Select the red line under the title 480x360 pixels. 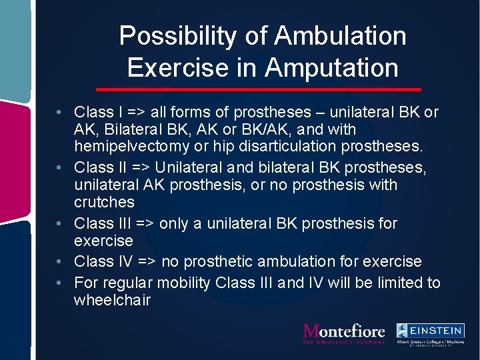(x=259, y=89)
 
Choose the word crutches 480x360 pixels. (x=104, y=202)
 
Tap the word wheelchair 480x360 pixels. (x=113, y=301)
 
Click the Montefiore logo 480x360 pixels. (x=343, y=333)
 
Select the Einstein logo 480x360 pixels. (x=430, y=333)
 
